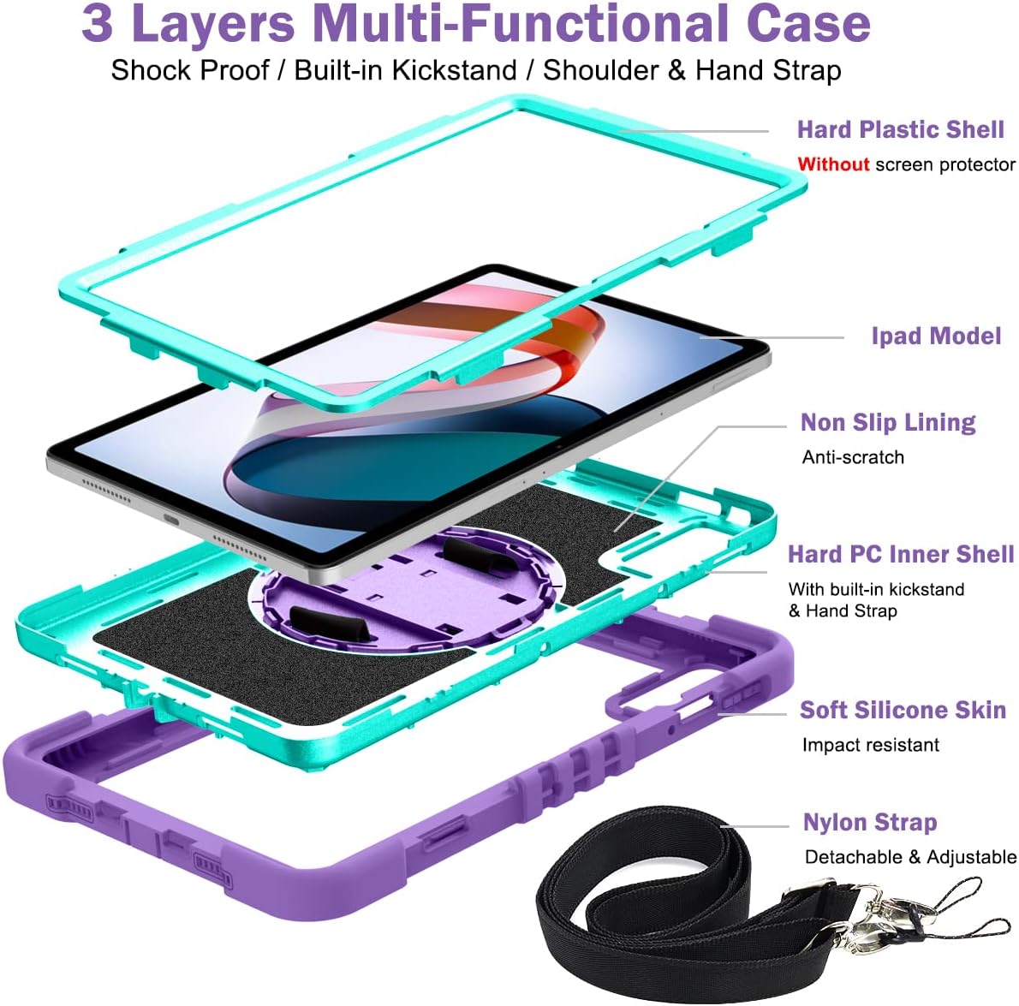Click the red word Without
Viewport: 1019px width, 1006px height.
tap(833, 164)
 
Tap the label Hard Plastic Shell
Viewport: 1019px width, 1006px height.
tap(900, 129)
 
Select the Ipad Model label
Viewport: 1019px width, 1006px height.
tap(936, 336)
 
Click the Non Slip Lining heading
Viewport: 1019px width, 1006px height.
tap(888, 422)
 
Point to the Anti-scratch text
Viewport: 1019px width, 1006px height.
tap(853, 457)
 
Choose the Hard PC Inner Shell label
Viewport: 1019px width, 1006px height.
tap(901, 554)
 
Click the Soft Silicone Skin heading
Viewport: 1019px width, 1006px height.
tap(903, 710)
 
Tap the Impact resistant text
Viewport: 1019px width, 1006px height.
tap(870, 745)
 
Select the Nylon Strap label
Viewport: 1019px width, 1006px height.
tap(870, 822)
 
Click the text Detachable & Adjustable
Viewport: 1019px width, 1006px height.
tap(910, 857)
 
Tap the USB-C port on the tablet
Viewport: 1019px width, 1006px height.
tap(172, 520)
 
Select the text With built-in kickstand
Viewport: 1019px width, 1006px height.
tap(876, 589)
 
